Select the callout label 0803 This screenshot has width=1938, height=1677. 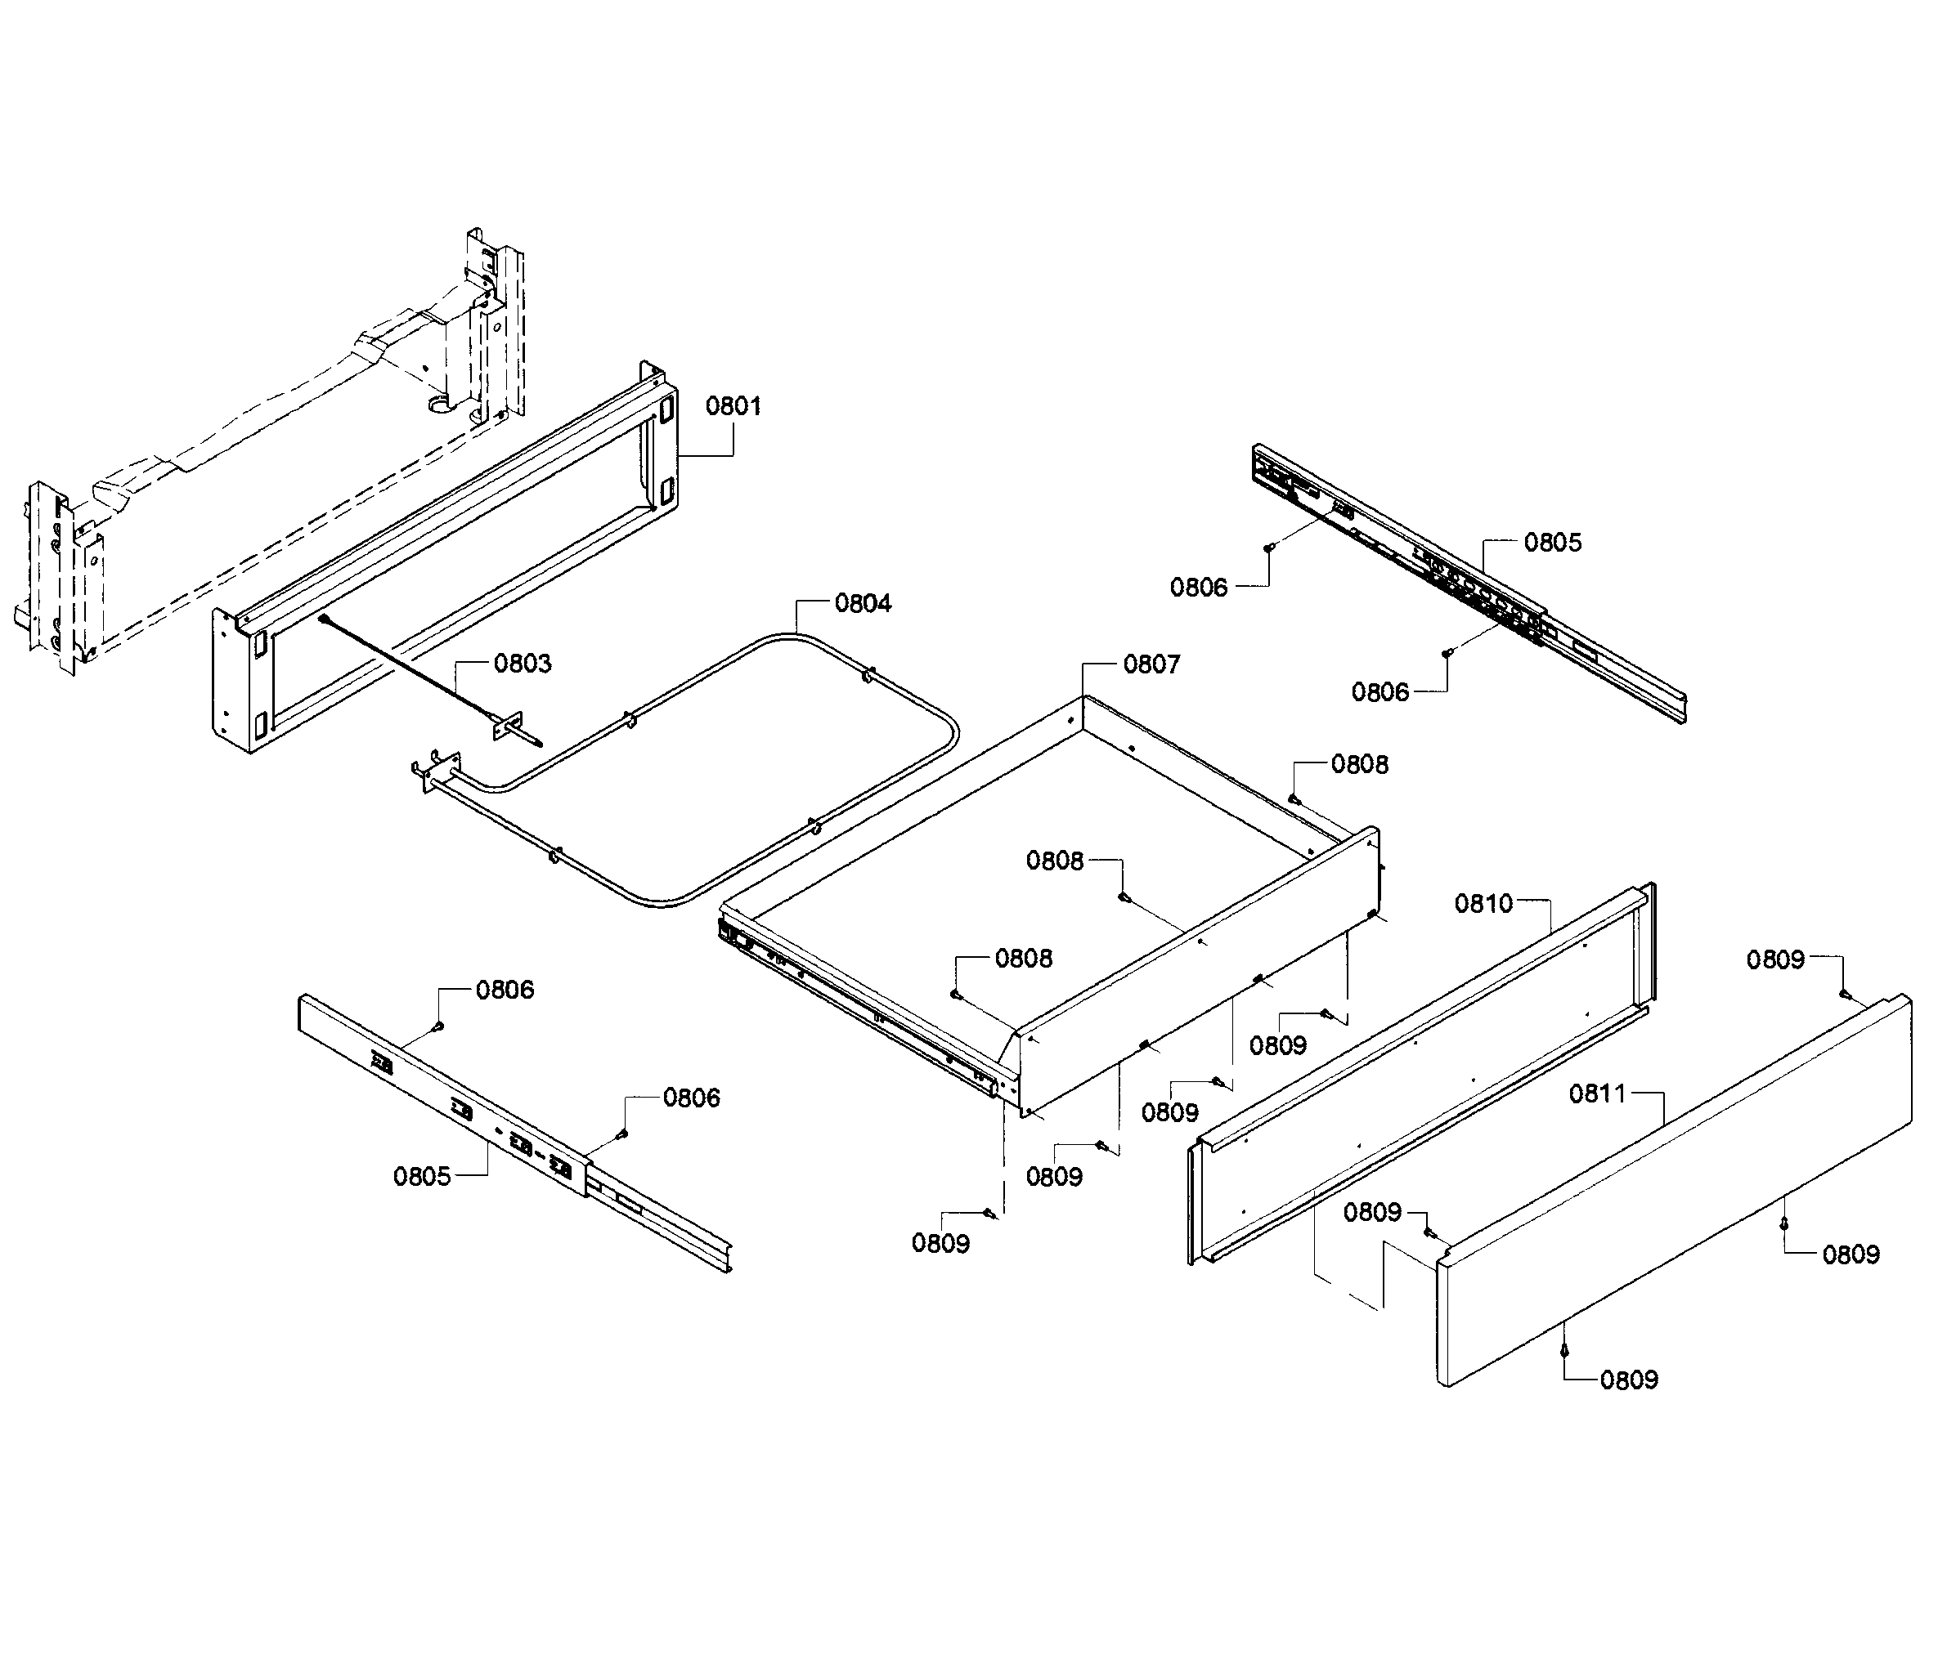pyautogui.click(x=523, y=664)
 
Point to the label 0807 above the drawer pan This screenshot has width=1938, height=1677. pyautogui.click(x=1151, y=664)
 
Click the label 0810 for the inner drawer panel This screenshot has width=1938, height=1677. pyautogui.click(x=1483, y=903)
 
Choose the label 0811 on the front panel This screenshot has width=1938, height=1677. pyautogui.click(x=1598, y=1093)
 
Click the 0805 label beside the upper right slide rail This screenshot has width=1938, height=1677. pyautogui.click(x=1552, y=543)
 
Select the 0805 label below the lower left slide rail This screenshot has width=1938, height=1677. pyautogui.click(x=421, y=1176)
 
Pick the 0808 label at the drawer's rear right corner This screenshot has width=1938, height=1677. pyautogui.click(x=1359, y=765)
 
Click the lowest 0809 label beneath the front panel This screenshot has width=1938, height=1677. pyautogui.click(x=1628, y=1380)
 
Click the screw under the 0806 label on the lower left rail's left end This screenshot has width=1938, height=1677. pyautogui.click(x=438, y=1026)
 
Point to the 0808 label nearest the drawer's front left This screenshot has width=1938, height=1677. pyautogui.click(x=1023, y=959)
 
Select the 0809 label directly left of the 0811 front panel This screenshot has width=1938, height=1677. pyautogui.click(x=1371, y=1213)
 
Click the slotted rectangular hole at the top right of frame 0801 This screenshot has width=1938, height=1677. pyautogui.click(x=666, y=409)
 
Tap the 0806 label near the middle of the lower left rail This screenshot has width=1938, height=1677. pyautogui.click(x=691, y=1098)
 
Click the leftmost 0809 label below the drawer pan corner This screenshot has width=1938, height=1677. pyautogui.click(x=940, y=1244)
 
